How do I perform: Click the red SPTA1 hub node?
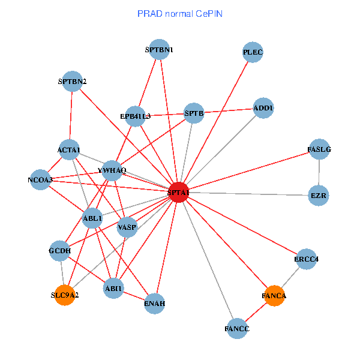(179, 192)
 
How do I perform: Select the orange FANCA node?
(274, 296)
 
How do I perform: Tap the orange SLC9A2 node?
(65, 295)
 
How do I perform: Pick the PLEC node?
(253, 52)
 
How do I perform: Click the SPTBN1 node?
(159, 50)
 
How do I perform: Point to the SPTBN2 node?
(72, 81)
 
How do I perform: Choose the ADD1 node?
(263, 108)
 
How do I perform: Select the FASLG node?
(319, 149)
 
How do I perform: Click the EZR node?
(318, 196)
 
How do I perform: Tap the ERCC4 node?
(307, 259)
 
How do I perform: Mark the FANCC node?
(237, 329)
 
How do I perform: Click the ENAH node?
(155, 304)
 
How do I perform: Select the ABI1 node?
(113, 289)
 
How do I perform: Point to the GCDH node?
(59, 251)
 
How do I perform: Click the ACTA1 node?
(69, 149)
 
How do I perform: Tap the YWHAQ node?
(113, 170)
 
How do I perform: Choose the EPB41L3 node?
(135, 116)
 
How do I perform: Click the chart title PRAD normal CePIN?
(180, 13)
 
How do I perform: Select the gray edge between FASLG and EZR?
(319, 172)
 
